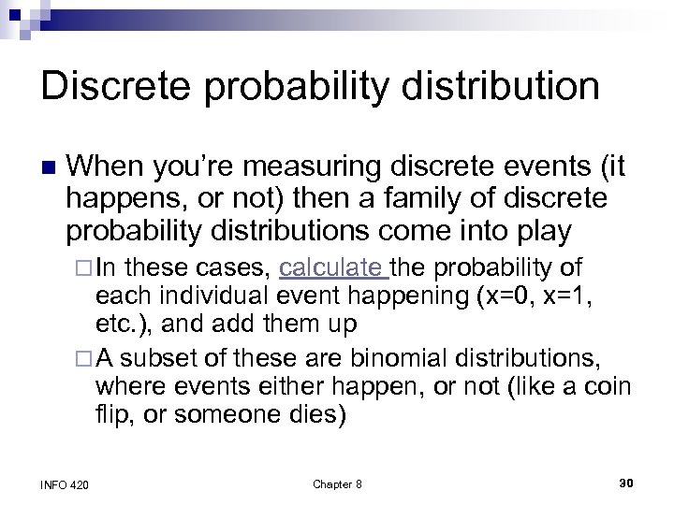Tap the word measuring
pos(291,167)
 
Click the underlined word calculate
pos(333,270)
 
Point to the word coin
pos(611,388)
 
